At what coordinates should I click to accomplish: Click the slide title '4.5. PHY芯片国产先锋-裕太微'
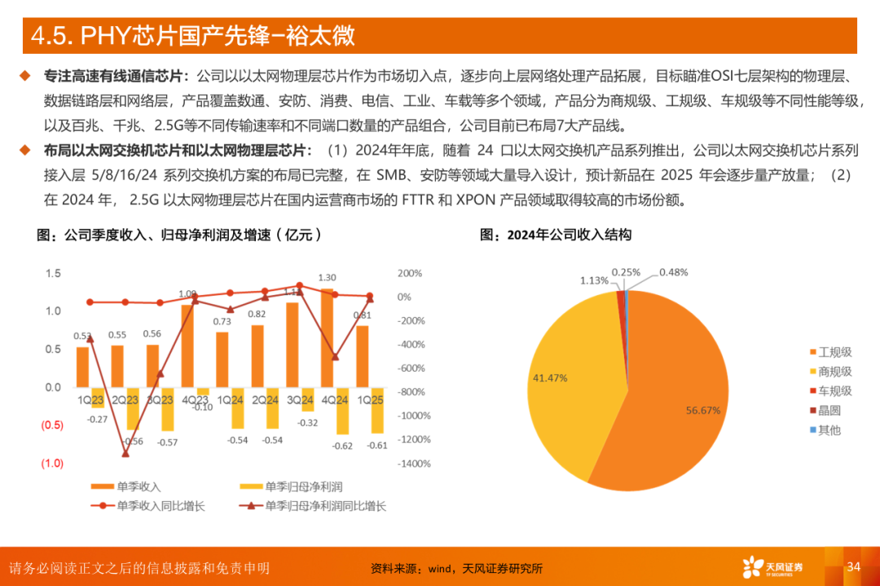(192, 36)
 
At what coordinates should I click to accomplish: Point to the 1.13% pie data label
(594, 280)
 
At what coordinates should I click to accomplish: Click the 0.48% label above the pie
(674, 271)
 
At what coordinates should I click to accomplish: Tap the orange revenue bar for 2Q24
(257, 356)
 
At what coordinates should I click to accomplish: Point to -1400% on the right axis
(414, 463)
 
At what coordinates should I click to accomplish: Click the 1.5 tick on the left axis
(53, 273)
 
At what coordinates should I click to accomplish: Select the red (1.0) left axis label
(52, 463)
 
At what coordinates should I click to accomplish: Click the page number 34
(854, 566)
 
